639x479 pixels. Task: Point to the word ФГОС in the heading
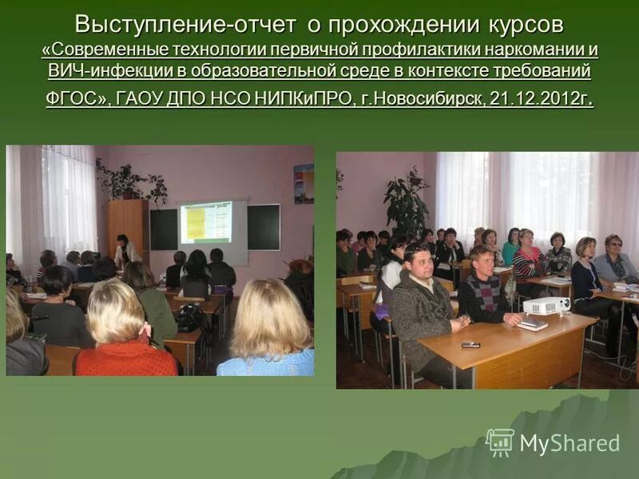(72, 100)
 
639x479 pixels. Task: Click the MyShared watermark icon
(500, 442)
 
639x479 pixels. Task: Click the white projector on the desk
(547, 304)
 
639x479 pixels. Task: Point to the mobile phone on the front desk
(470, 344)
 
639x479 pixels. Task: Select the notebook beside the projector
(532, 323)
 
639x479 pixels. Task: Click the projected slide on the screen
(205, 222)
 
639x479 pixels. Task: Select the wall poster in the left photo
(304, 184)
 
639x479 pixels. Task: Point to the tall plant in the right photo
(407, 204)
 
